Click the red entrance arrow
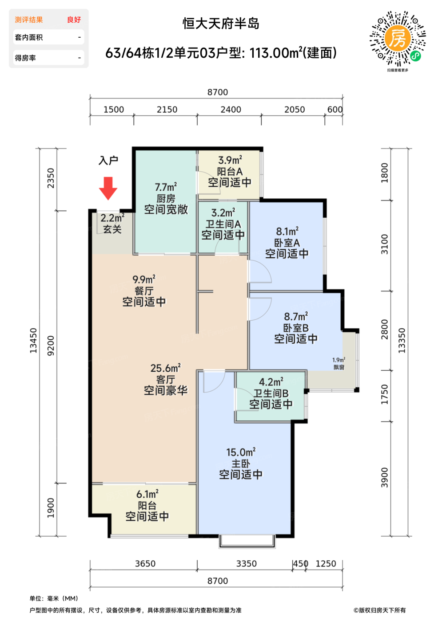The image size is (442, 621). coord(108,188)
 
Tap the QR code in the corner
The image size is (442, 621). coord(398,39)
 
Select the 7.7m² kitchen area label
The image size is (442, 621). coord(166,187)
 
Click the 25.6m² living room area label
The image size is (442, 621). coord(165,368)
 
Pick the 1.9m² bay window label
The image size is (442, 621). coord(338,360)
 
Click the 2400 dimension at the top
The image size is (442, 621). coord(231,110)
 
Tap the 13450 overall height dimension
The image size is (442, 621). coord(33,341)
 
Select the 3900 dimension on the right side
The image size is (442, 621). coord(384,477)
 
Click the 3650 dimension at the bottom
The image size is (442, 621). coord(145,564)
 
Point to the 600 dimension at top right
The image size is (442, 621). coord(335,110)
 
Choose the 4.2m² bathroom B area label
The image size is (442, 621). coord(271,382)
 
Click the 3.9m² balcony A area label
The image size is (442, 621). coord(230,160)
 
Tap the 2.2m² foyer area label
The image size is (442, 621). coord(112,218)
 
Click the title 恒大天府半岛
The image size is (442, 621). coord(221,24)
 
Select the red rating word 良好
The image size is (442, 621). coord(74,20)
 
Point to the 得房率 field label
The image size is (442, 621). coord(25,58)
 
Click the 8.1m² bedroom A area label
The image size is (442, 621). coord(287,231)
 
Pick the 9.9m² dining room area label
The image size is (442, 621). coord(144,279)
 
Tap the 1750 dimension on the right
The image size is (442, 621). coord(384,394)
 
